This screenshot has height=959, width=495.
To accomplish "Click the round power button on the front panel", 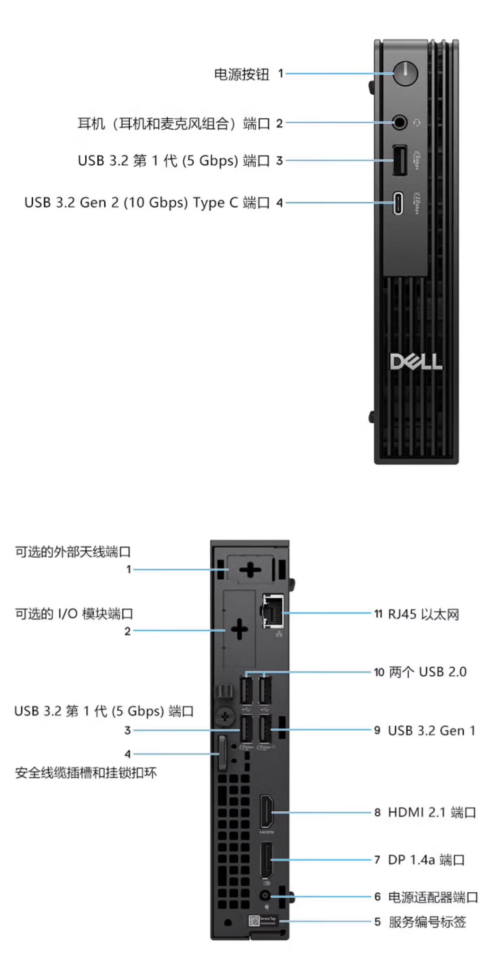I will click(405, 73).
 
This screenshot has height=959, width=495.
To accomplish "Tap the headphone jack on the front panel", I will click(400, 123).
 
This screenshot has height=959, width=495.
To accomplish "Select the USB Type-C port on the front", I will click(398, 203).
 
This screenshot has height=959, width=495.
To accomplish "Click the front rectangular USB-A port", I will click(399, 160).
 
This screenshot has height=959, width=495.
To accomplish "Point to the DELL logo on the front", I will click(416, 362).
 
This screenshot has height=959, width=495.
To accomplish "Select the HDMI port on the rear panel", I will click(266, 812).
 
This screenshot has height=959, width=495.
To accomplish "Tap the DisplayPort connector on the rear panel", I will click(266, 859).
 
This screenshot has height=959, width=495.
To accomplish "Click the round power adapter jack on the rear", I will click(266, 896).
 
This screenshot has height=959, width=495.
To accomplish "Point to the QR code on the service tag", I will click(254, 921).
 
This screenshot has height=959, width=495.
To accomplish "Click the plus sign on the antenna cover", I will click(250, 569).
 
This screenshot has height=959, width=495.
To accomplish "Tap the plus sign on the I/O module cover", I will click(239, 630).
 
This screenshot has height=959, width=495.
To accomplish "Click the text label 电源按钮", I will click(242, 74).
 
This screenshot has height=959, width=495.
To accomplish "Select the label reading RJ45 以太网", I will click(423, 614).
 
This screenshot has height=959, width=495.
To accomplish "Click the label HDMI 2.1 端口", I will click(432, 812).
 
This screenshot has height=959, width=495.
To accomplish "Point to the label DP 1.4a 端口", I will click(426, 860).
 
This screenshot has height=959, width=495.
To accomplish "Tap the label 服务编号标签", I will click(427, 922).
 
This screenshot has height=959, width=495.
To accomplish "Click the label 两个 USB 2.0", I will click(427, 672).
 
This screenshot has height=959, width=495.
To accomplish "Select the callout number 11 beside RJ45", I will click(378, 614).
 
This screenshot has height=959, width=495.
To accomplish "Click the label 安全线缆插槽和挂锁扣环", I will click(86, 773).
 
